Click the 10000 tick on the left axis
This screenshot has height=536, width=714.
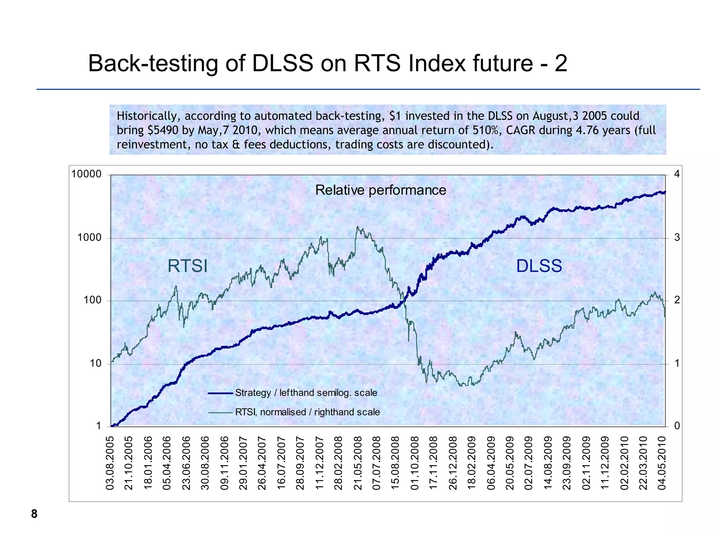pyautogui.click(x=86, y=174)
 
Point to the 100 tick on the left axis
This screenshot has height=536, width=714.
pyautogui.click(x=92, y=300)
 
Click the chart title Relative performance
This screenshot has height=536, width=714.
pyautogui.click(x=380, y=190)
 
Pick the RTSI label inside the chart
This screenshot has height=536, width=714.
pyautogui.click(x=188, y=266)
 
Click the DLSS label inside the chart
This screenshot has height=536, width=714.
pyautogui.click(x=539, y=266)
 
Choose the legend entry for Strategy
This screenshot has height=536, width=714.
pyautogui.click(x=306, y=393)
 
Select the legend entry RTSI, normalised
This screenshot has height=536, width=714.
pyautogui.click(x=307, y=412)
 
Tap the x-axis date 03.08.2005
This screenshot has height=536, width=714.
pyautogui.click(x=110, y=463)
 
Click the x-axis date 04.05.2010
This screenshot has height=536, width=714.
pyautogui.click(x=662, y=463)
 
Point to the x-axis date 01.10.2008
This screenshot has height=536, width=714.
pyautogui.click(x=415, y=463)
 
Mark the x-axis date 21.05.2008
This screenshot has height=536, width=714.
pyautogui.click(x=358, y=463)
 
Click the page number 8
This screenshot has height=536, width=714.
pyautogui.click(x=34, y=514)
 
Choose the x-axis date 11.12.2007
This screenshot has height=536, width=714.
pyautogui.click(x=319, y=463)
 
